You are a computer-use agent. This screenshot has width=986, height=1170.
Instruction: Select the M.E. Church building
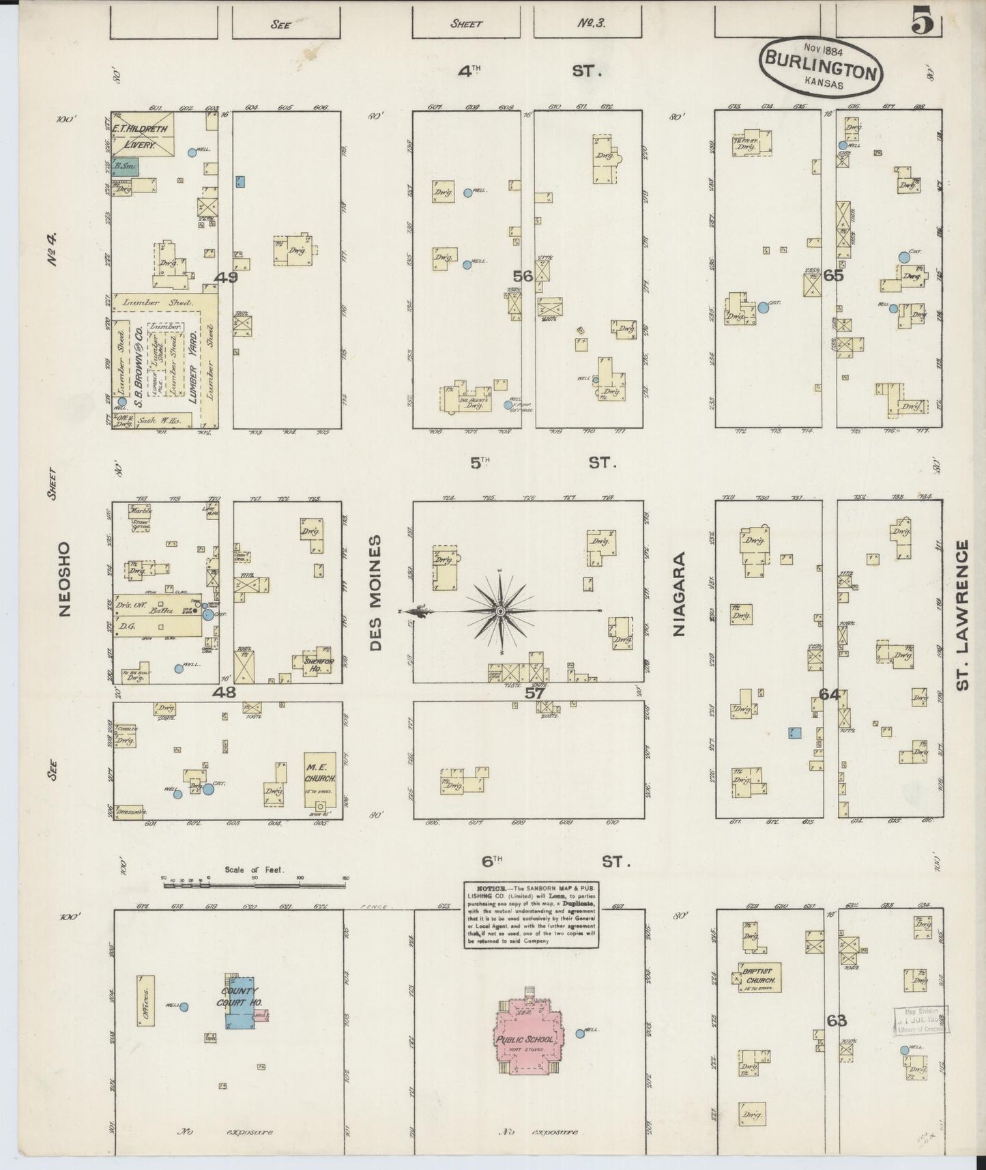pos(319,778)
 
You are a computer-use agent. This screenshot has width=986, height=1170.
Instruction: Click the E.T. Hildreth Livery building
pos(143,135)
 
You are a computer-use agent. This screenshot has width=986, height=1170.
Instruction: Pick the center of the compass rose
pos(501,611)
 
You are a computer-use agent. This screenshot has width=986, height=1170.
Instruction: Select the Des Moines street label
pos(376,593)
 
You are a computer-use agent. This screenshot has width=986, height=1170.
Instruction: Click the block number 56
pos(523,276)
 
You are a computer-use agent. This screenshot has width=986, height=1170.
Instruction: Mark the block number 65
pos(833,276)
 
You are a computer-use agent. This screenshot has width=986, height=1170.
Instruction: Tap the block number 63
pos(837,1021)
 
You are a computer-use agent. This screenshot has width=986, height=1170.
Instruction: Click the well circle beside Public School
pos(580,1033)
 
